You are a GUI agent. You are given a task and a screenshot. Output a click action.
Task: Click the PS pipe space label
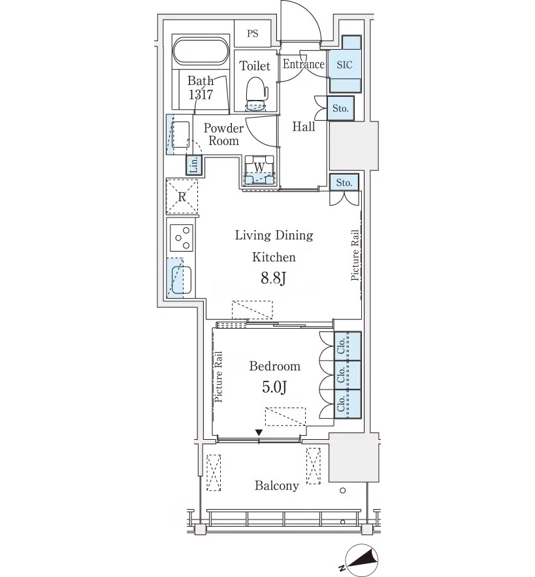252,34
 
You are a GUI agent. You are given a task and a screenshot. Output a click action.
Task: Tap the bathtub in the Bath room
201,50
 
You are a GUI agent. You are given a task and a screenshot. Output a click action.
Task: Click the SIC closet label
344,65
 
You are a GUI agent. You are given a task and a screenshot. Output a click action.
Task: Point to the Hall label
304,127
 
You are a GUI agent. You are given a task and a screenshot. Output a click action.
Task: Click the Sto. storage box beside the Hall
340,108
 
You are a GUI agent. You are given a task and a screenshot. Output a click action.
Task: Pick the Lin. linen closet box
194,165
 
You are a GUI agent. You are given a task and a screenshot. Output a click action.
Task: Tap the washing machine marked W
260,170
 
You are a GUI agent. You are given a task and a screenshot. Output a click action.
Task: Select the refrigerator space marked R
182,197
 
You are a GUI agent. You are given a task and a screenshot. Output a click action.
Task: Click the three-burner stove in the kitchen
182,238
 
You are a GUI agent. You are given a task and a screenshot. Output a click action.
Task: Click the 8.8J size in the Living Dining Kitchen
273,278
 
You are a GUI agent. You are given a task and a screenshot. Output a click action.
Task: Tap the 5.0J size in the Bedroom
274,387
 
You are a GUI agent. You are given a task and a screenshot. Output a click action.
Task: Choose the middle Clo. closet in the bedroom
348,374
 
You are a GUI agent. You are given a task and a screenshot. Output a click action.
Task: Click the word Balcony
276,486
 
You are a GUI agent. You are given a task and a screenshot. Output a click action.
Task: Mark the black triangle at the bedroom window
259,432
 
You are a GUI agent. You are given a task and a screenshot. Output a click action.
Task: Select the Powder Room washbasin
180,135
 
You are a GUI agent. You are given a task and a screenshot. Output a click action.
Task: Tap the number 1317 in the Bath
201,95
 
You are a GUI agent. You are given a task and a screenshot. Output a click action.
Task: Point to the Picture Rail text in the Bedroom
219,377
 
